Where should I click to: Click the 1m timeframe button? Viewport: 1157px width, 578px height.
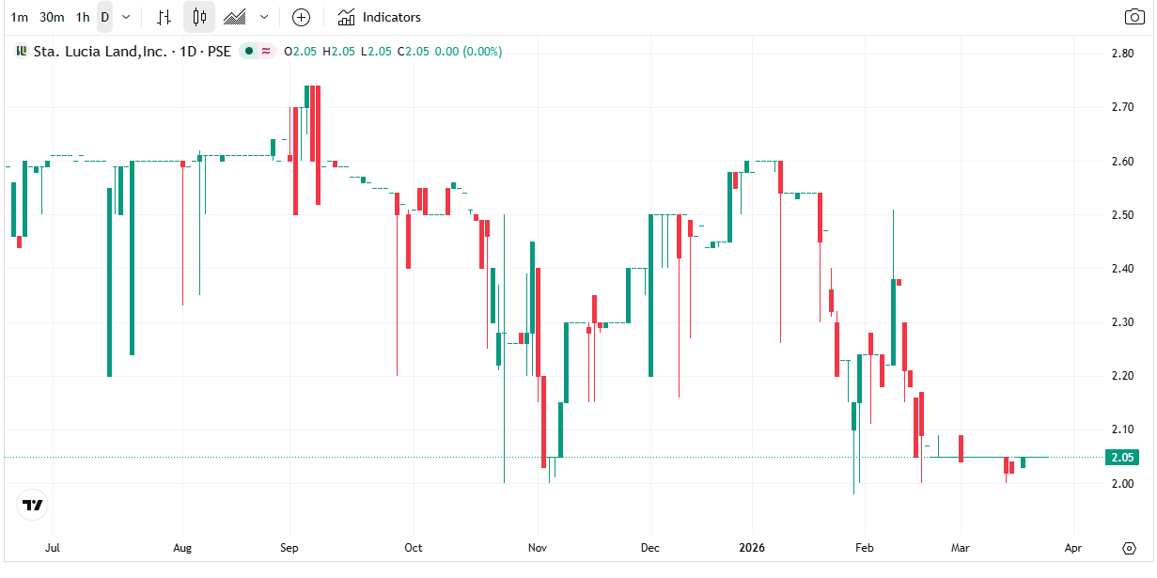click(19, 17)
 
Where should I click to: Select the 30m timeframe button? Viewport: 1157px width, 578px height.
click(52, 17)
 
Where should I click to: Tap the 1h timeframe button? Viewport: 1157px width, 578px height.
click(83, 17)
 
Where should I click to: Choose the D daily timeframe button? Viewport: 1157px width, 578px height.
click(104, 17)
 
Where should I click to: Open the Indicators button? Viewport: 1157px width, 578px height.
click(380, 17)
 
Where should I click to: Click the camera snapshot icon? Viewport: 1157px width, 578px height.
click(1134, 17)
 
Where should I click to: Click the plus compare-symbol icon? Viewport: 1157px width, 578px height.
click(301, 17)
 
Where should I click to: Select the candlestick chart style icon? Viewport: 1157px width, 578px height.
click(198, 17)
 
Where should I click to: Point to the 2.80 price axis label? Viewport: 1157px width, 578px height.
click(1120, 54)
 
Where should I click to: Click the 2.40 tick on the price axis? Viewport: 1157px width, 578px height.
click(1120, 269)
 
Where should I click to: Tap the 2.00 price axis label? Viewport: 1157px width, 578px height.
click(1120, 484)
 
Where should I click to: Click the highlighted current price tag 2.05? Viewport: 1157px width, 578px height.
click(1122, 458)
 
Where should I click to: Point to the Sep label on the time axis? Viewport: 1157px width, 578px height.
click(289, 548)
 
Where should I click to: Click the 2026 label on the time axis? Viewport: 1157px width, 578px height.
click(752, 548)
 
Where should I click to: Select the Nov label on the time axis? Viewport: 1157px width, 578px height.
click(537, 548)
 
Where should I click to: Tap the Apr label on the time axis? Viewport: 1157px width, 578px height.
click(1073, 548)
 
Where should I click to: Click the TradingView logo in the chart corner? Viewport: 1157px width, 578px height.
click(33, 505)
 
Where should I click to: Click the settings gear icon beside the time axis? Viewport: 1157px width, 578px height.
click(1130, 548)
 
